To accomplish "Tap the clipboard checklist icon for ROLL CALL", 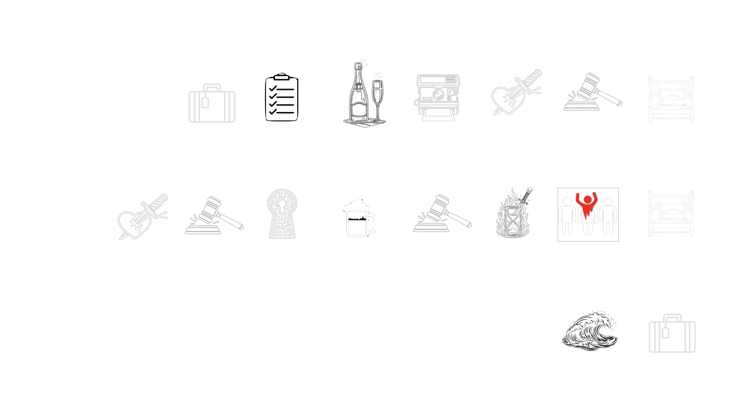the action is [x=282, y=98].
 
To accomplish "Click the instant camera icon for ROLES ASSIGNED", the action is [x=438, y=97].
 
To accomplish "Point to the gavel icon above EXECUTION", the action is [x=592, y=92].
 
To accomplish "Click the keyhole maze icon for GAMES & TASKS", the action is [x=282, y=214].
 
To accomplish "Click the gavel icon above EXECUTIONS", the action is [x=214, y=216].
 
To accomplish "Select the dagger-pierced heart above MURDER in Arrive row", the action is [x=515, y=94].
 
